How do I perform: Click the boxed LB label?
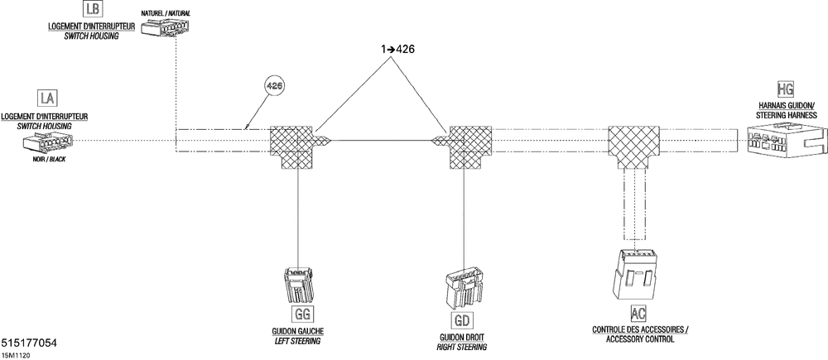tap(92, 8)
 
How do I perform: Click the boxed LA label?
tap(47, 98)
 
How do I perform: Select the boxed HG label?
tap(786, 89)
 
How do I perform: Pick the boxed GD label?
tap(462, 320)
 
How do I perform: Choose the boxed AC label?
tap(638, 314)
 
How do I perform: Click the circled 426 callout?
tap(274, 87)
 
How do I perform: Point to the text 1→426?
tap(397, 50)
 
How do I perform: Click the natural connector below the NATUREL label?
tap(166, 28)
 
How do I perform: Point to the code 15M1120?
tap(16, 356)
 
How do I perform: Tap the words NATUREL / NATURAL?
tap(166, 13)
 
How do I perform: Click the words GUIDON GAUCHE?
tap(298, 331)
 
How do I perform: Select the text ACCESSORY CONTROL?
tap(641, 339)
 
